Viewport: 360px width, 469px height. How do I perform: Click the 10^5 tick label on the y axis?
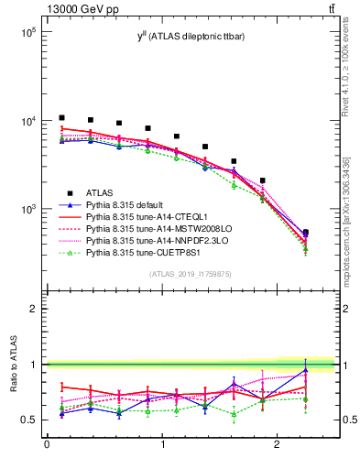click(26, 32)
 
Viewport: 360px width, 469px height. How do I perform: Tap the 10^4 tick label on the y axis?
click(26, 121)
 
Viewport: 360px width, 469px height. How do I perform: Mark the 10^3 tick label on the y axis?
click(26, 210)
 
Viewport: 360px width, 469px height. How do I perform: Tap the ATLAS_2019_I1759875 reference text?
click(190, 274)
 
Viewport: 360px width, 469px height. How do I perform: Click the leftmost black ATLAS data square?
click(61, 117)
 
